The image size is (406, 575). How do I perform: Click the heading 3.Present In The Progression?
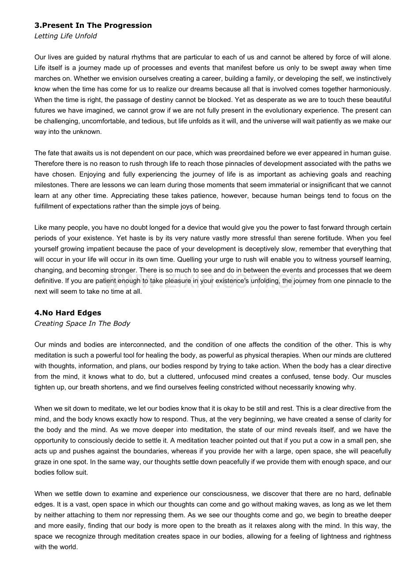pos(93,26)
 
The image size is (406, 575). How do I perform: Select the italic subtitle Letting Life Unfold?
pos(66,36)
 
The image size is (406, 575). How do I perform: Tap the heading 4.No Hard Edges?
pos(68,313)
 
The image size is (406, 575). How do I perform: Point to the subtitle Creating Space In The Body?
pos(82,324)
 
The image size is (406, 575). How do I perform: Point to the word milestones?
pos(50,185)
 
